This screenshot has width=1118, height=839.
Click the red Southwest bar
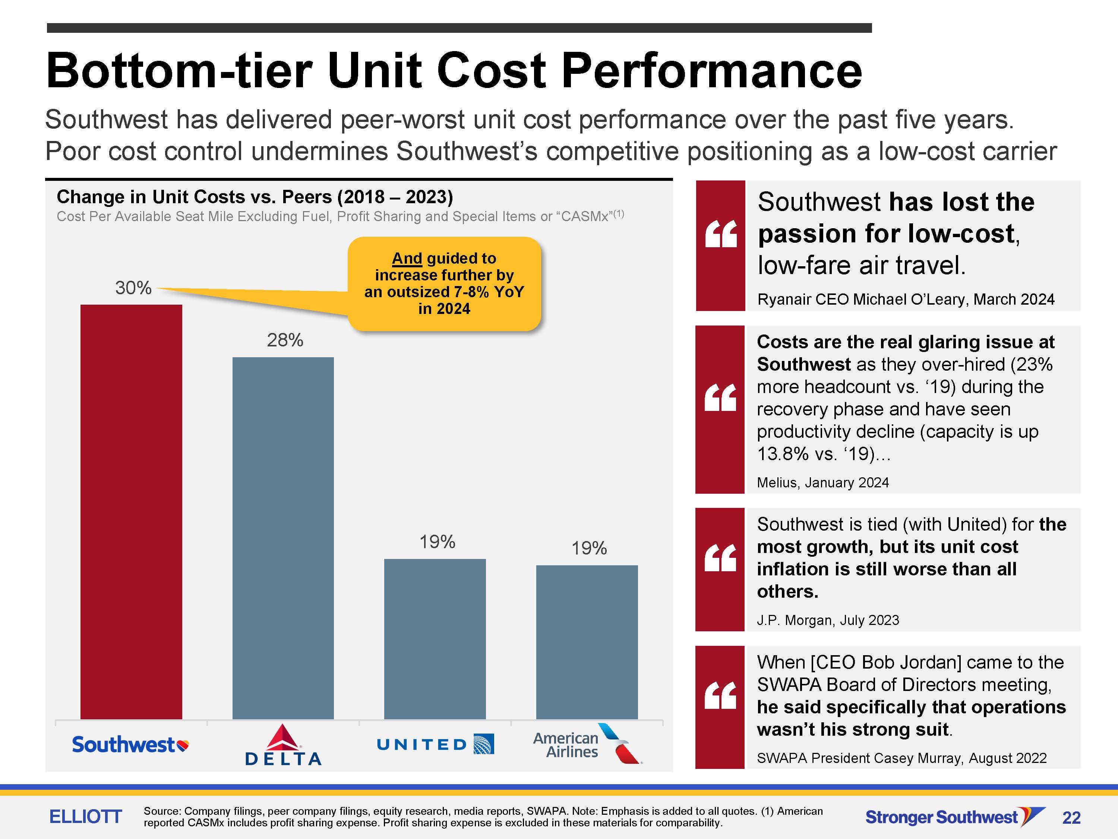coord(132,512)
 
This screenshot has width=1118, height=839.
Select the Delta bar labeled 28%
coord(283,538)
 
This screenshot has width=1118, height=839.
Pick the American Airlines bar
coord(587,642)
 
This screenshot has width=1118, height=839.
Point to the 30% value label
coord(133,288)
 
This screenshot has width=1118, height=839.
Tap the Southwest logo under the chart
coord(130,744)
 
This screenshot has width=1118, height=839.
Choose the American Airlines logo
coord(587,744)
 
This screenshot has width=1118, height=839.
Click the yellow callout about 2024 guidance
coord(444,284)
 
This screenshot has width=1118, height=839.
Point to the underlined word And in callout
coord(407,258)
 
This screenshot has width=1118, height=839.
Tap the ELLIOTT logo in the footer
coord(85,816)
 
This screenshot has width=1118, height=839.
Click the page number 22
coord(1071,818)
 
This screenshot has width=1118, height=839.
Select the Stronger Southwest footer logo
coord(955,817)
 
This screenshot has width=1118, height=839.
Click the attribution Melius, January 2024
coord(823,483)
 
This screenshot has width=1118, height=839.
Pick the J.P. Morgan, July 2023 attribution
coord(828,620)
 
